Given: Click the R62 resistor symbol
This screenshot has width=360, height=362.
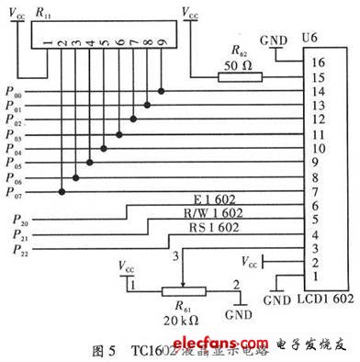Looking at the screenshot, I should point(239,78).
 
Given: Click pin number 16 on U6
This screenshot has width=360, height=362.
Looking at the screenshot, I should point(319,64).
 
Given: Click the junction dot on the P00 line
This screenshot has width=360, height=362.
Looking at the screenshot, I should point(161,92).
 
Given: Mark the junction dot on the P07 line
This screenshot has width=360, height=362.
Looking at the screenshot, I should point(62,191).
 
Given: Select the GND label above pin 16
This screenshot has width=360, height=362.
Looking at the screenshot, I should point(274,40).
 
